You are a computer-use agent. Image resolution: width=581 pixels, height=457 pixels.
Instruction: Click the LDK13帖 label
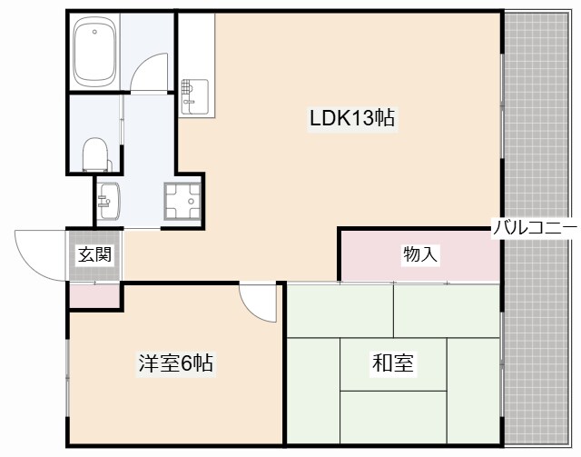[x=352, y=118]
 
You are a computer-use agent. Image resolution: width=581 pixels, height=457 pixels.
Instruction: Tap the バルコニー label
[x=535, y=227]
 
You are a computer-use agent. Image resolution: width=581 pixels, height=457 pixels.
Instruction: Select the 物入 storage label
[x=420, y=255]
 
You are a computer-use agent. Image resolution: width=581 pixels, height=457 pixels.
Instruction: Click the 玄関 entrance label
[x=94, y=255]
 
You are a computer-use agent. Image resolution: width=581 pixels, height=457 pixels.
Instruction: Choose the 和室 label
[x=393, y=364]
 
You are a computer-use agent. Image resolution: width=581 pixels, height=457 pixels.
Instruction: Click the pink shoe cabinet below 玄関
[x=94, y=295]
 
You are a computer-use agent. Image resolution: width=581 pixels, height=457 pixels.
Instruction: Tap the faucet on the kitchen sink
[x=186, y=89]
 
